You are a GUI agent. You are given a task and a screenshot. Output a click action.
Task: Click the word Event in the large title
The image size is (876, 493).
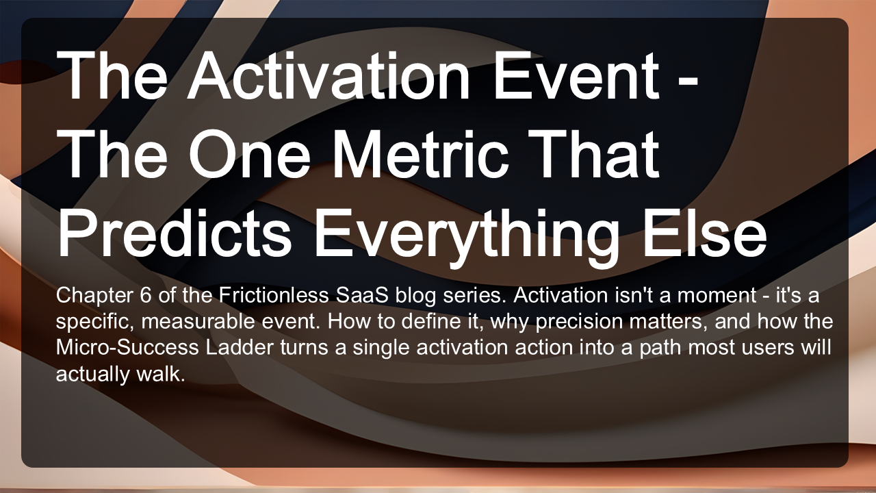[576, 75]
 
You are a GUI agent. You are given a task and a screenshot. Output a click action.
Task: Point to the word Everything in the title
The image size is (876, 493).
[466, 237]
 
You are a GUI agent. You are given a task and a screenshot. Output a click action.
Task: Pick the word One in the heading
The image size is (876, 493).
[250, 153]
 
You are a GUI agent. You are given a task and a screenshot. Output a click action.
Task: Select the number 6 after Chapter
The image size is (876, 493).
[145, 295]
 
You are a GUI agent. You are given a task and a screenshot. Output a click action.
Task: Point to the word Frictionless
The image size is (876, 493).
[273, 295]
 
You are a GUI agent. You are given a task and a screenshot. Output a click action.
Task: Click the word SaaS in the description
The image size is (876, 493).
[362, 295]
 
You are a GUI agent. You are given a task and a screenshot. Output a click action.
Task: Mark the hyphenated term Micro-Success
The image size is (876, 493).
[127, 347]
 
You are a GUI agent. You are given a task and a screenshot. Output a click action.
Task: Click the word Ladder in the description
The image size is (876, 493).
[240, 347]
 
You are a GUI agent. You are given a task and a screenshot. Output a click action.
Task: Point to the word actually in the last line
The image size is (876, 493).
[92, 375]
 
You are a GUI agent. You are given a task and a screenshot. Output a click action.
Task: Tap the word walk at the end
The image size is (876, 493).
[161, 374]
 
